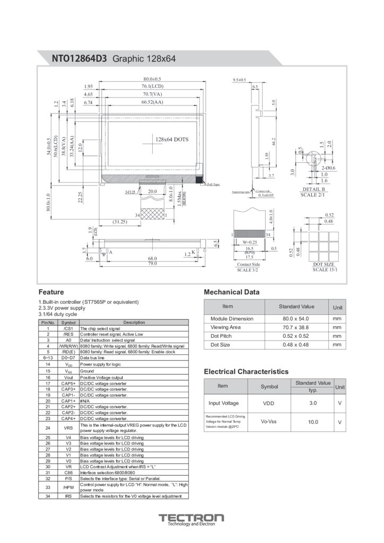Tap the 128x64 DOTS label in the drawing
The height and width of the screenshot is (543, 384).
(x=172, y=139)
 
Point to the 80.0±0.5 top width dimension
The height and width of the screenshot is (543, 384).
(x=152, y=79)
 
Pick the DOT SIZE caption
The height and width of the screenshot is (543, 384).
(x=324, y=264)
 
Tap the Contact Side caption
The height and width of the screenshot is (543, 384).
(x=248, y=264)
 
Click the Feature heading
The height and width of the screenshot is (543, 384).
(x=51, y=292)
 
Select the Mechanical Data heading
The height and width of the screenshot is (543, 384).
(x=232, y=292)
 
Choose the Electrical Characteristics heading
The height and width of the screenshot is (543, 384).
(x=246, y=372)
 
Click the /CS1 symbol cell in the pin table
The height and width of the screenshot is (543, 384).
(x=68, y=329)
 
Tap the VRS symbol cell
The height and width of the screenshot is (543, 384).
(x=68, y=427)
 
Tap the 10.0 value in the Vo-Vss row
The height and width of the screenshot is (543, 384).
(x=313, y=422)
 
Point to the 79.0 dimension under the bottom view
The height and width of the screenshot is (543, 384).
(x=152, y=263)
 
